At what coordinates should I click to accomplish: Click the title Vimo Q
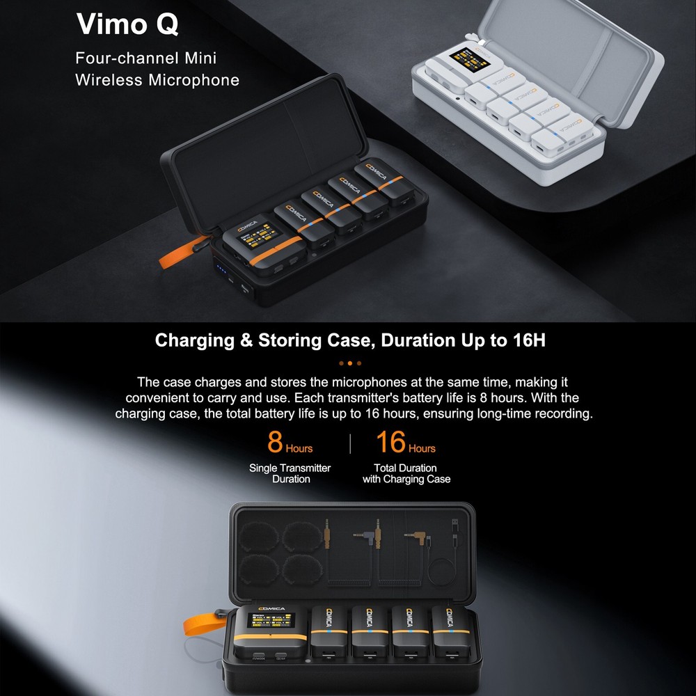click(127, 25)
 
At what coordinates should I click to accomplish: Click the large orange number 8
click(275, 443)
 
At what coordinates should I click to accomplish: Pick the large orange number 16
click(390, 443)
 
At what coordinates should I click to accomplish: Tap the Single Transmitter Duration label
click(290, 473)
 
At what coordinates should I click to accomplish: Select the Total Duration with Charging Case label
click(406, 473)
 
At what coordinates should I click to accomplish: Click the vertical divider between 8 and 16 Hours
click(350, 443)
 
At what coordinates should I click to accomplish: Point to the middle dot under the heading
click(350, 363)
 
